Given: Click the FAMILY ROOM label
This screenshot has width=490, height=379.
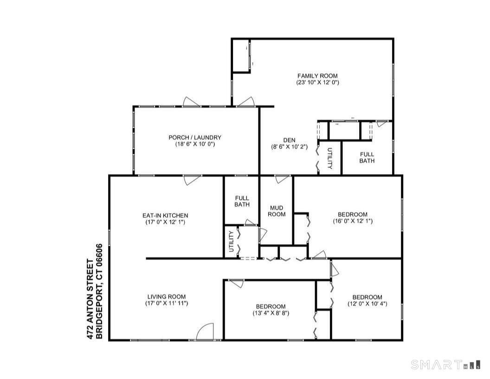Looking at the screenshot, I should coord(317,76).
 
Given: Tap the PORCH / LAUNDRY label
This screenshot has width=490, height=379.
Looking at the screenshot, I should coord(194,137).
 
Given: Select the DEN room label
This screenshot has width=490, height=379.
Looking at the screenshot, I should coord(290,140).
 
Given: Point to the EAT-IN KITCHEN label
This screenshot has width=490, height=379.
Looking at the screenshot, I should coord(165,216).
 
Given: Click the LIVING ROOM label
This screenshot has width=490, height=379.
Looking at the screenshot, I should coord(167,297).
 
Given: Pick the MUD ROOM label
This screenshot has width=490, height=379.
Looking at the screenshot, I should coord(276,211).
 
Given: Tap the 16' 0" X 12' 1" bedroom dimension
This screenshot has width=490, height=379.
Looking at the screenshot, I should coord(352,221).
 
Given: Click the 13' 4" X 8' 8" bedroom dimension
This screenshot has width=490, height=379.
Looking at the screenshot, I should coord(271,313).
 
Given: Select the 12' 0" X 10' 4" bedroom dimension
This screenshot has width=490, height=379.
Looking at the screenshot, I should coord(367,304).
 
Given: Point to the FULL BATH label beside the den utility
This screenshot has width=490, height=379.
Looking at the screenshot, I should coord(367,157).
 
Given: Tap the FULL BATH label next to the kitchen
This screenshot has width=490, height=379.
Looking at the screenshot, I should coord(242,201).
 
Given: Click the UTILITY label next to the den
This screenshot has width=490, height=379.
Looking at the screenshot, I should coord(329,158).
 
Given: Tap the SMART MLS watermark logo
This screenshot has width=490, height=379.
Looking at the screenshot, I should coord(444,364).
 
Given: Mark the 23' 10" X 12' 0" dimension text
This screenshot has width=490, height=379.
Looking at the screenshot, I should coord(317,83).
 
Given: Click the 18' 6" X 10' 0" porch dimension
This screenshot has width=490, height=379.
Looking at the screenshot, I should coord(194,144).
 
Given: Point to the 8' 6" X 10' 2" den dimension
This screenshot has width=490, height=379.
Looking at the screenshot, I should coord(290,147).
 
